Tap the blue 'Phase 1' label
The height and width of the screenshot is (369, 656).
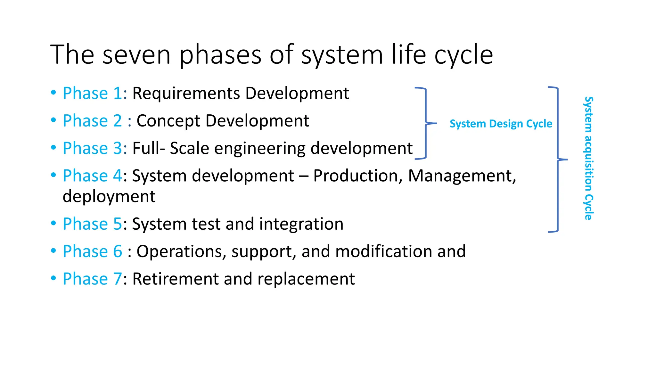pyautogui.click(x=92, y=93)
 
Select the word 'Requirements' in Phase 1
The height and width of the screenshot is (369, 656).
pyautogui.click(x=186, y=94)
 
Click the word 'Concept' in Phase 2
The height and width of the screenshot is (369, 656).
pyautogui.click(x=168, y=121)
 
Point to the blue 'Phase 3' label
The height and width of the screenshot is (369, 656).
pyautogui.click(x=92, y=148)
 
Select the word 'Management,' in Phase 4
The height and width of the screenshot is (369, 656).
pyautogui.click(x=462, y=176)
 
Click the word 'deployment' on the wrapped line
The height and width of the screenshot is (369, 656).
pyautogui.click(x=109, y=196)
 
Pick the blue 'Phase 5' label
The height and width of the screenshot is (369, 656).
pyautogui.click(x=92, y=224)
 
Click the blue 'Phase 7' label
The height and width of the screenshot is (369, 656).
pyautogui.click(x=92, y=279)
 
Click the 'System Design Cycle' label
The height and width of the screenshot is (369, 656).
pyautogui.click(x=501, y=124)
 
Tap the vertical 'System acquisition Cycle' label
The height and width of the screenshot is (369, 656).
pyautogui.click(x=588, y=158)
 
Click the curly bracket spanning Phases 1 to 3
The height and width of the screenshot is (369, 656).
pyautogui.click(x=426, y=123)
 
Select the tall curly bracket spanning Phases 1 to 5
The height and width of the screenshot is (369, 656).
pyautogui.click(x=558, y=159)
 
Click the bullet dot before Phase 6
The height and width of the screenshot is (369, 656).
pyautogui.click(x=53, y=251)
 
